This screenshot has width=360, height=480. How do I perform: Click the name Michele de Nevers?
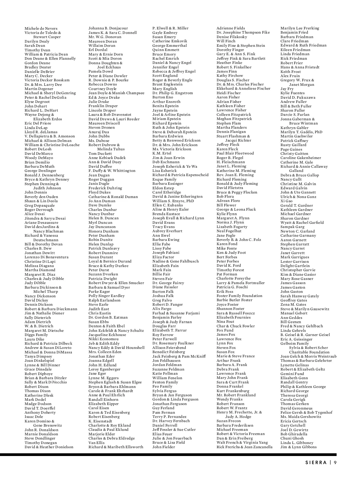click(41, 28)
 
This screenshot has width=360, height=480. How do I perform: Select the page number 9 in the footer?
click(335, 462)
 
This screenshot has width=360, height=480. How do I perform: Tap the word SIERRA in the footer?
click(316, 462)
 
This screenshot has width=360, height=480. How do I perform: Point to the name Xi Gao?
click(286, 201)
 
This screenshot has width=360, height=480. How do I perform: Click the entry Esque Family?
click(164, 179)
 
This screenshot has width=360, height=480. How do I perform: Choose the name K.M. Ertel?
click(162, 153)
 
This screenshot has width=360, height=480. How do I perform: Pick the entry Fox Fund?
click(225, 330)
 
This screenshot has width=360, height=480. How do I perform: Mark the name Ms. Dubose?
click(99, 141)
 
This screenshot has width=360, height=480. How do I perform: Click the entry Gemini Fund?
click(292, 374)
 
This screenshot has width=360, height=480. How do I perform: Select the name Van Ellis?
click(96, 442)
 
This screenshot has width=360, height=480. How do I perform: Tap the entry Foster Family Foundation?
click(239, 296)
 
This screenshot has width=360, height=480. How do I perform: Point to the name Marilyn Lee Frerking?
click(300, 28)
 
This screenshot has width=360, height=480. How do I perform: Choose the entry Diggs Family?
click(36, 335)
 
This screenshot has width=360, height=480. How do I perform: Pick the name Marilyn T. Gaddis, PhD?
click(301, 132)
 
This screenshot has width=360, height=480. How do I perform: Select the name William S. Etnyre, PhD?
click(173, 201)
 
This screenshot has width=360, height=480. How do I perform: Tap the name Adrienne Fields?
click(231, 28)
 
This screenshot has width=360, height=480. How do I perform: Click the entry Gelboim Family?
click(294, 343)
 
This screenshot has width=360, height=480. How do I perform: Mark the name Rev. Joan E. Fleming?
click(235, 175)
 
